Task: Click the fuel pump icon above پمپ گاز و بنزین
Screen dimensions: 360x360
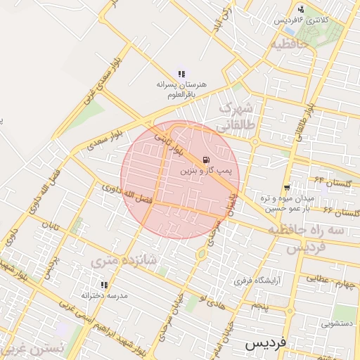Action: (205, 160)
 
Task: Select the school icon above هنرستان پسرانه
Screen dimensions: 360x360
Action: (181, 74)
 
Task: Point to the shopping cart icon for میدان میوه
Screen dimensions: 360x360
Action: (287, 187)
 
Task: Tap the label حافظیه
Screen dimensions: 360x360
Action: (290, 44)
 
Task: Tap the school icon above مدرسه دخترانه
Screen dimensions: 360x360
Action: (104, 285)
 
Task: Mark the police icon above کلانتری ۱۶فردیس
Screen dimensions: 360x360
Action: (301, 9)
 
